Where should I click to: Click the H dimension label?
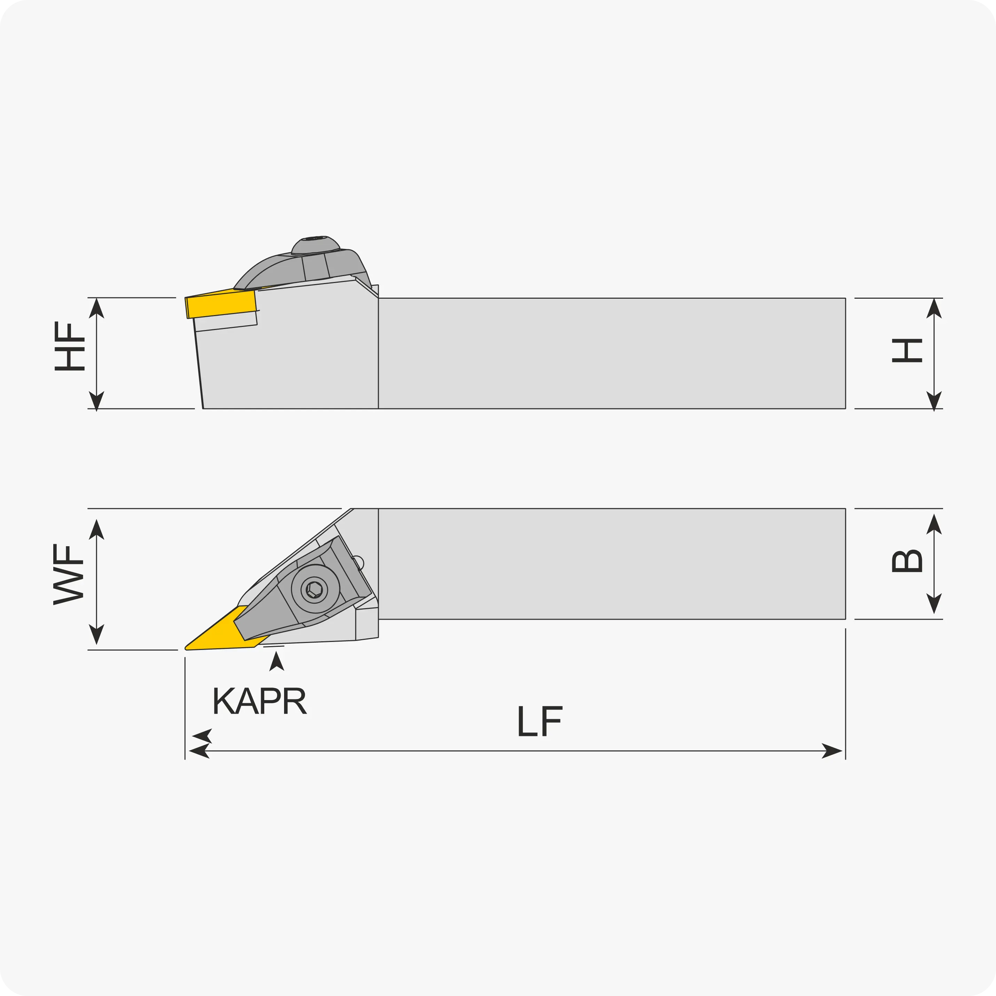pos(907,351)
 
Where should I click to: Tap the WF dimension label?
pos(68,574)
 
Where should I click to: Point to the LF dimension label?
pos(540,721)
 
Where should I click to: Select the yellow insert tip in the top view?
pos(187,648)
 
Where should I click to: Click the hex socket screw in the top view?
pos(314,589)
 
